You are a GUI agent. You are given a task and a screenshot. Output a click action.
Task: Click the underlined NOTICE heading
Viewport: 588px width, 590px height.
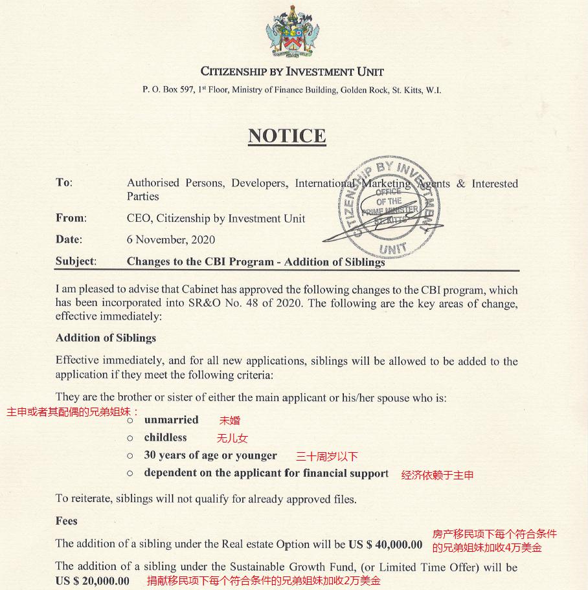[287, 136]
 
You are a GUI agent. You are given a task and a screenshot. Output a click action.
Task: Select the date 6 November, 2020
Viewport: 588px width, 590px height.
[171, 240]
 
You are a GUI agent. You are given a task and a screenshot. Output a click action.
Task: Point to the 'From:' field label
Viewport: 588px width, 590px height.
[71, 218]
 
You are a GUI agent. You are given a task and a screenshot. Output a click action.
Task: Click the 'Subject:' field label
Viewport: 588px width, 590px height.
[76, 261]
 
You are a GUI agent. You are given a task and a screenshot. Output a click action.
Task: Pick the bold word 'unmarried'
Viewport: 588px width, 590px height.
[171, 420]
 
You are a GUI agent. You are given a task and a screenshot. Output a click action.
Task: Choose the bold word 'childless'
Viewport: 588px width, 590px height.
[165, 437]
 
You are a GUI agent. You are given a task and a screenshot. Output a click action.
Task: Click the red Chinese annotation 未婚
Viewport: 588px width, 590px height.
[230, 421]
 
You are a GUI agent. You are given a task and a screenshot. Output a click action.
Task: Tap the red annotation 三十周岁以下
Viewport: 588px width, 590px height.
[327, 456]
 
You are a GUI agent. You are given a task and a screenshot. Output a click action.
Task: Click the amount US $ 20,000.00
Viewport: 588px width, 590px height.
[93, 580]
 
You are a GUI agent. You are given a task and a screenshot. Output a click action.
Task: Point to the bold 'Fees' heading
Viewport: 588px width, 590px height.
[67, 521]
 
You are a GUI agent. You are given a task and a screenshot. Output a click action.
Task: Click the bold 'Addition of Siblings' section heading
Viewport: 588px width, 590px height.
[106, 338]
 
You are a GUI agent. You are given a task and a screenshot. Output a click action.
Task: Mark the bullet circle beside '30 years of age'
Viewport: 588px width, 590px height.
[130, 456]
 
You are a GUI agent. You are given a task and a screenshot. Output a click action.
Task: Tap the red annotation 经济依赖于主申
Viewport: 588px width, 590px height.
[437, 475]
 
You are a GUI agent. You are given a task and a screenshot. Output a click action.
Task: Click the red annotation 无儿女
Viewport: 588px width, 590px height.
[232, 439]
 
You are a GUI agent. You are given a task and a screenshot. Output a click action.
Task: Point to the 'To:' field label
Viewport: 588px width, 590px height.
[64, 182]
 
